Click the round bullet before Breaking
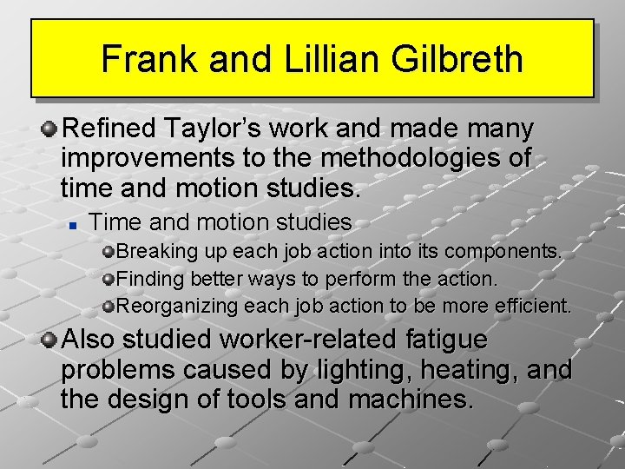[109, 253]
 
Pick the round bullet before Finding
[109, 280]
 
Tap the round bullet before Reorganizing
[109, 307]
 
